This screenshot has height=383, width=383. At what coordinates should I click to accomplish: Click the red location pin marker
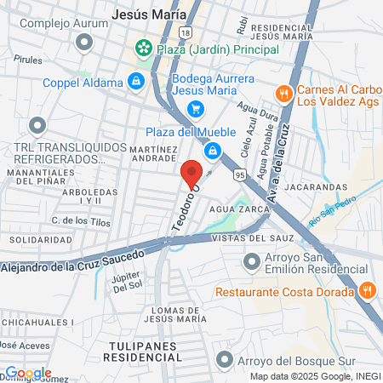(191, 174)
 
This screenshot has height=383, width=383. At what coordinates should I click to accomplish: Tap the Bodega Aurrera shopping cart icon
(196, 109)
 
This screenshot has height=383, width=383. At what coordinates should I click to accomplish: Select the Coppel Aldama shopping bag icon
(135, 82)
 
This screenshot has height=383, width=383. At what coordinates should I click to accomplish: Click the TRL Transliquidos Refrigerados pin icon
(37, 127)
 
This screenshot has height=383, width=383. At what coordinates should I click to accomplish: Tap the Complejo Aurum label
(64, 23)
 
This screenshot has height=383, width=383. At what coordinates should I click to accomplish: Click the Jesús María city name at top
(150, 14)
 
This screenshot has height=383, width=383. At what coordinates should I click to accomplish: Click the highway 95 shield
(239, 175)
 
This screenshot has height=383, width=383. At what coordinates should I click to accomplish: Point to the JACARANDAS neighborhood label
(316, 186)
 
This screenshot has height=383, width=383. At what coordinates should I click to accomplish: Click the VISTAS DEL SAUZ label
(257, 239)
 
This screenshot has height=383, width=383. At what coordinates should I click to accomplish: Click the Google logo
(27, 373)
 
